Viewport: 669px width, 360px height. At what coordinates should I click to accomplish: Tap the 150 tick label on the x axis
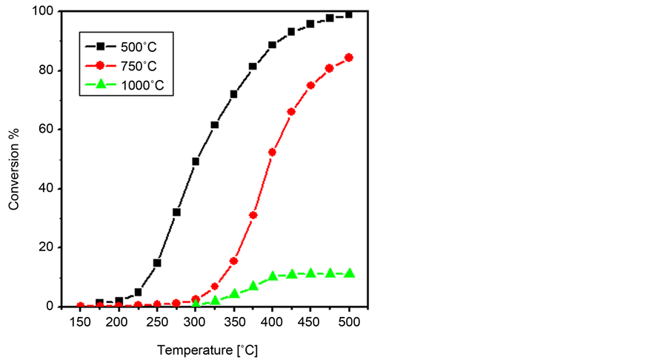click(x=80, y=321)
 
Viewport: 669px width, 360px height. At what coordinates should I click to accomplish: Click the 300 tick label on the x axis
click(x=195, y=321)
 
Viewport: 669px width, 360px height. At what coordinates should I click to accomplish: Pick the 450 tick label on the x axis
click(x=310, y=321)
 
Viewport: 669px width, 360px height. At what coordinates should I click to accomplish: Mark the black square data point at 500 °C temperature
click(x=349, y=14)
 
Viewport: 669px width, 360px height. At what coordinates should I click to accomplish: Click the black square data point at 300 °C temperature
click(x=196, y=161)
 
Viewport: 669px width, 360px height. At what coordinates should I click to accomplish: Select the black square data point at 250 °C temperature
click(x=157, y=263)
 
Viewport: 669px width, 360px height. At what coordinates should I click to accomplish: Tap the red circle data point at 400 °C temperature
click(x=272, y=152)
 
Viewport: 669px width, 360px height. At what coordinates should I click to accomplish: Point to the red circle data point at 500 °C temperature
click(x=349, y=57)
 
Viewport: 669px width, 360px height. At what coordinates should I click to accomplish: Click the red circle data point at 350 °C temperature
click(x=234, y=261)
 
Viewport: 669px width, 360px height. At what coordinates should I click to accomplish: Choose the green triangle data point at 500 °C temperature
click(x=349, y=273)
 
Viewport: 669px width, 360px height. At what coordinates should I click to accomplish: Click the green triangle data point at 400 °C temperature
click(x=272, y=276)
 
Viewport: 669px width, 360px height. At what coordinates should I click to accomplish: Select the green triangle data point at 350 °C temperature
click(x=234, y=293)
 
